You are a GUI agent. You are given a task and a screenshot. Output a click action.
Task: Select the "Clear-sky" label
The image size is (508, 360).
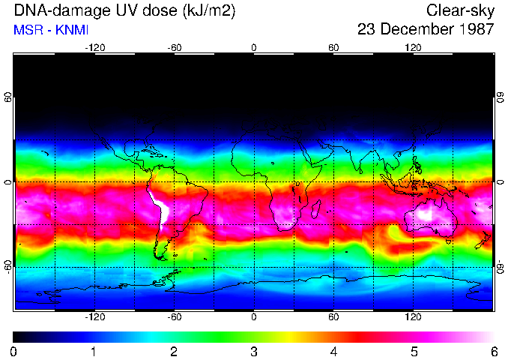460,10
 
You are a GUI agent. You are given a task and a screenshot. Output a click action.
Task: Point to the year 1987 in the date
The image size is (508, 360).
471,29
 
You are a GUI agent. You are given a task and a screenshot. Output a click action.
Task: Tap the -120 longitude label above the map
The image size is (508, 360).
94,47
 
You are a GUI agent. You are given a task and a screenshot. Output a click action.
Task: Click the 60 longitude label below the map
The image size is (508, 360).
333,316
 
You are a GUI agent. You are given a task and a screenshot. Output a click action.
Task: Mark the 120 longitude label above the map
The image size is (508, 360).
413,47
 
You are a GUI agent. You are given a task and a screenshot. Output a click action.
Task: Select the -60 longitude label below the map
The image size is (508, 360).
174,316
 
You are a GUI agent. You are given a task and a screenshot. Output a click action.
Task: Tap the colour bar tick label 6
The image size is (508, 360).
493,351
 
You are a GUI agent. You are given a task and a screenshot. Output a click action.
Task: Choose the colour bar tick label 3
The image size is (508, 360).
254,351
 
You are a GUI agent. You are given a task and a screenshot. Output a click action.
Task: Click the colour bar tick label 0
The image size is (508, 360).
14,351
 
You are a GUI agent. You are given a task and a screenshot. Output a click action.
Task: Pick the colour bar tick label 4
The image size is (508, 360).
333,351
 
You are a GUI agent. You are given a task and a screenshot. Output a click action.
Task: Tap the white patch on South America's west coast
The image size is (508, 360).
158,202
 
